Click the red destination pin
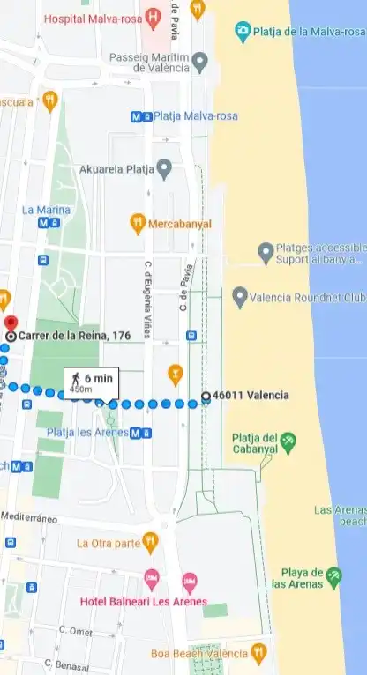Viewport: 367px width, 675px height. pyautogui.click(x=11, y=323)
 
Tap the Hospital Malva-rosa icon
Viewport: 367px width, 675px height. pyautogui.click(x=154, y=16)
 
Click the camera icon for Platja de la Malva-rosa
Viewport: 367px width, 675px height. pyautogui.click(x=243, y=32)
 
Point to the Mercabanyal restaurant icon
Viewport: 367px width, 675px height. pyautogui.click(x=137, y=224)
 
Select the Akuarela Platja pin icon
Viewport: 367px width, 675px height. pyautogui.click(x=163, y=168)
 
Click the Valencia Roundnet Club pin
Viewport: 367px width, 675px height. pyautogui.click(x=239, y=298)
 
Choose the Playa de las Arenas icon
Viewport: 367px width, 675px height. pyautogui.click(x=333, y=577)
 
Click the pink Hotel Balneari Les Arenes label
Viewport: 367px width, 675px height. pyautogui.click(x=143, y=602)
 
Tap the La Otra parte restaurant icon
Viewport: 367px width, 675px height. pyautogui.click(x=151, y=542)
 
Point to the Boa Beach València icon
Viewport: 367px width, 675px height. pyautogui.click(x=258, y=653)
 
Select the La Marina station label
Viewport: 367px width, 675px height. pyautogui.click(x=45, y=210)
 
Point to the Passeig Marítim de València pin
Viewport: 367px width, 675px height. pyautogui.click(x=200, y=63)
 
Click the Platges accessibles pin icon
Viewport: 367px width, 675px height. pyautogui.click(x=266, y=254)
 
